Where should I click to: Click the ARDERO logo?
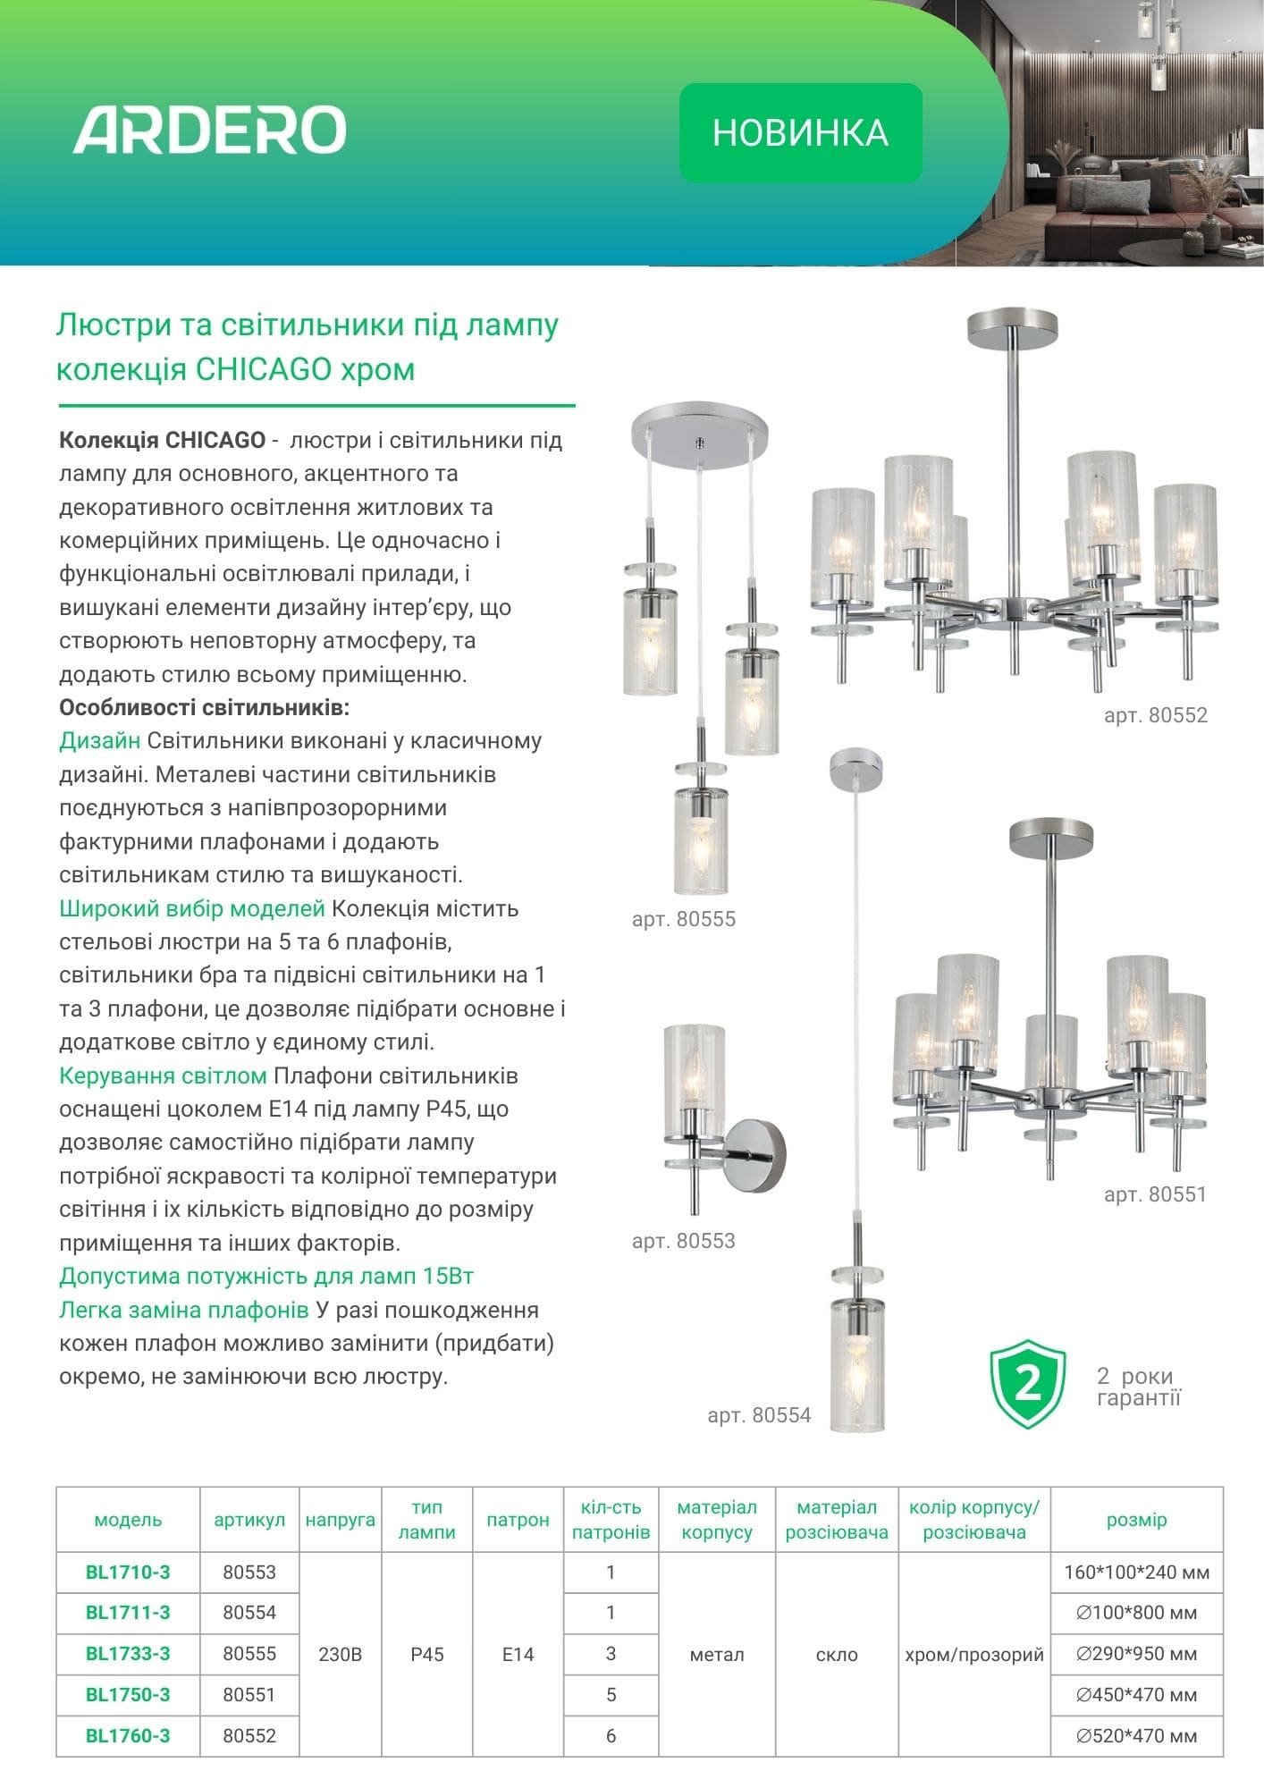click(x=209, y=131)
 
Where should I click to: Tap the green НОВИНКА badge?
click(x=800, y=133)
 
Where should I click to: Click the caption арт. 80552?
click(x=1155, y=715)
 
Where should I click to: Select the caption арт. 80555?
click(x=683, y=919)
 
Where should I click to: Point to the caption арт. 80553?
click(x=683, y=1241)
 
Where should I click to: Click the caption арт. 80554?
click(x=759, y=1415)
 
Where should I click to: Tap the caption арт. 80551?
click(x=1155, y=1194)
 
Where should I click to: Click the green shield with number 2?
click(x=1028, y=1383)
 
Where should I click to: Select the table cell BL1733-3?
click(x=128, y=1654)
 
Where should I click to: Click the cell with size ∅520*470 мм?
click(x=1136, y=1736)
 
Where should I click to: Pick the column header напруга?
click(x=340, y=1520)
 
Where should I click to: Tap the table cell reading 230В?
click(x=340, y=1655)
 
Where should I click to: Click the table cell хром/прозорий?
click(x=973, y=1655)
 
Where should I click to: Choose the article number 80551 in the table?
click(x=249, y=1695)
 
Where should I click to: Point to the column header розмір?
click(x=1136, y=1520)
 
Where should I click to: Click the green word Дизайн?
click(x=99, y=741)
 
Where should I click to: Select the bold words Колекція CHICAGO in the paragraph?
click(x=162, y=441)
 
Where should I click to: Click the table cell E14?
click(x=518, y=1655)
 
